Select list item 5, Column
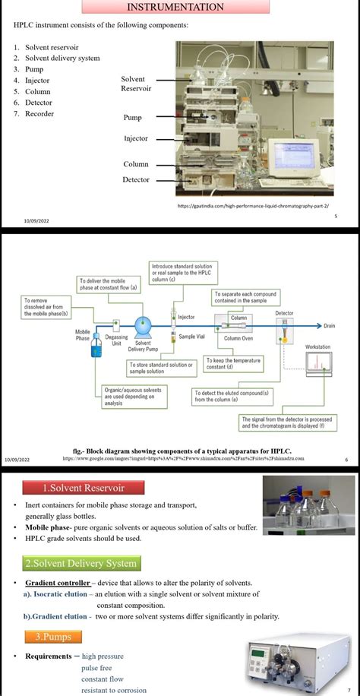[37, 91]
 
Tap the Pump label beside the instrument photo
[133, 118]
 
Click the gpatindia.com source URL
[257, 205]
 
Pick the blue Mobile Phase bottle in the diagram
[96, 346]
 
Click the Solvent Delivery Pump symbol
[143, 327]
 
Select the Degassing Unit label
[116, 340]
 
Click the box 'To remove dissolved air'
[48, 307]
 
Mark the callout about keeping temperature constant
[233, 365]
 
